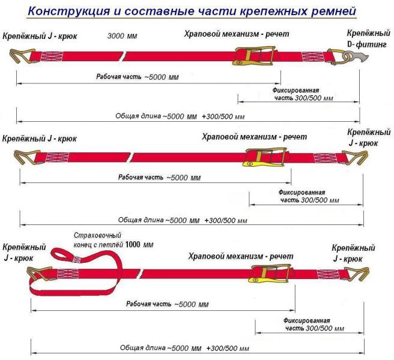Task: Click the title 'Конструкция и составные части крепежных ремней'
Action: coord(192,11)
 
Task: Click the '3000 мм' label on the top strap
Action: coord(122,36)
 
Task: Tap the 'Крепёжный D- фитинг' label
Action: coord(368,38)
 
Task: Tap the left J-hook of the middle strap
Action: coord(27,157)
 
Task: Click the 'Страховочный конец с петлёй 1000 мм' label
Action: coord(114,240)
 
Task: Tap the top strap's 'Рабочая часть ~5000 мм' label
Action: coord(138,77)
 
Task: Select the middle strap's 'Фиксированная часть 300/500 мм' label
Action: coord(309,196)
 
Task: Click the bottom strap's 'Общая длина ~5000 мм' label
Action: coord(160,347)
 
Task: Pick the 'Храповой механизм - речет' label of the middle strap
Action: coord(254,137)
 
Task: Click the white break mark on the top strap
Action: coord(123,56)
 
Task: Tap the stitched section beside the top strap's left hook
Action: coord(51,56)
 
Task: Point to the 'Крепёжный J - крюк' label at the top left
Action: coord(40,36)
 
